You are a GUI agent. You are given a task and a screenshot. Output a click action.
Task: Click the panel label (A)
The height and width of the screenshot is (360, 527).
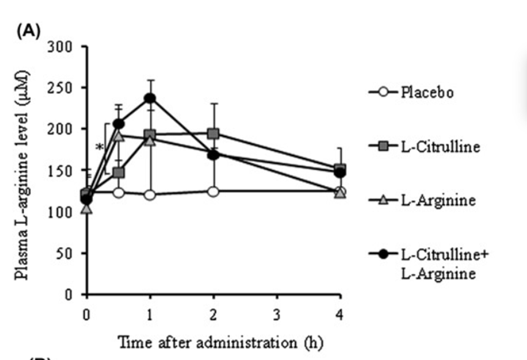(29, 31)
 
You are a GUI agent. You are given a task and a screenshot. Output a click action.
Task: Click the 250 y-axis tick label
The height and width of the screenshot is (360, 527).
(60, 88)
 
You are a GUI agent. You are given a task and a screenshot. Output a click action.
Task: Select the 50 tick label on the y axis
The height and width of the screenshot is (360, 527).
(64, 253)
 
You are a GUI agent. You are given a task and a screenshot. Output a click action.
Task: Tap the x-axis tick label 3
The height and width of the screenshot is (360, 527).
(276, 315)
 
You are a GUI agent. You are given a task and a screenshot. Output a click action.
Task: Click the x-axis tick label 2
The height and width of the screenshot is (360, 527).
(213, 315)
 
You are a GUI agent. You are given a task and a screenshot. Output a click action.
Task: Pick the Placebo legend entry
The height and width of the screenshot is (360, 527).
(411, 92)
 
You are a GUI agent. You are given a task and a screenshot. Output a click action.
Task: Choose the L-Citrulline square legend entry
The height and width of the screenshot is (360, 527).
(424, 146)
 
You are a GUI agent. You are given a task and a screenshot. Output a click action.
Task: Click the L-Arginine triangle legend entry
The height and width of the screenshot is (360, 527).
(422, 200)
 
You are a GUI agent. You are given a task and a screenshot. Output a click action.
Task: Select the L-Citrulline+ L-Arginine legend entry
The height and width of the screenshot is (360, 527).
(428, 264)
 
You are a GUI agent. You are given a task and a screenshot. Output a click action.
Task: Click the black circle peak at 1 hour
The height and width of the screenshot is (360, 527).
(150, 99)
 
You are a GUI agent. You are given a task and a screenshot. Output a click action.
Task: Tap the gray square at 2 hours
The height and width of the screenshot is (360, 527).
(213, 134)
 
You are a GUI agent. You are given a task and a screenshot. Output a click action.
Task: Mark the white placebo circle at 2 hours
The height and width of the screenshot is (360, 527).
(213, 192)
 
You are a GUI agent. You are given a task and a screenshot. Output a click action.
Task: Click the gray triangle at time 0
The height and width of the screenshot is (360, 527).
(87, 209)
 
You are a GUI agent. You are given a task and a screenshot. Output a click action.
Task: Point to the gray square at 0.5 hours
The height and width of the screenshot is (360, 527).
(118, 173)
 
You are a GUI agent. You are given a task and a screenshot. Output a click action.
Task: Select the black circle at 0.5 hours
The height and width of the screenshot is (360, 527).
(118, 124)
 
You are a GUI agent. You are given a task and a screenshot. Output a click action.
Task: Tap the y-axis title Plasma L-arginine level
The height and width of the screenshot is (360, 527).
(22, 175)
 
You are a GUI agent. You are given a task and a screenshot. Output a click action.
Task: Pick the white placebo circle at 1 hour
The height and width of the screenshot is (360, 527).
(150, 195)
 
